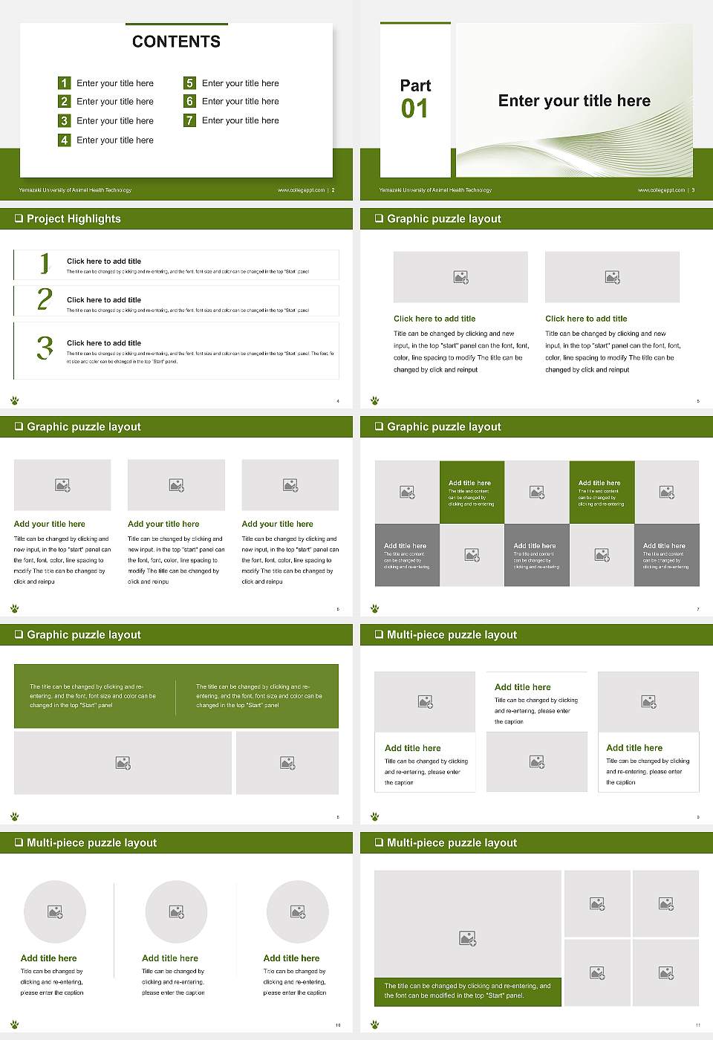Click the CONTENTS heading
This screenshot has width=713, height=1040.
click(176, 42)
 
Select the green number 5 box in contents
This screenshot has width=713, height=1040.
click(189, 83)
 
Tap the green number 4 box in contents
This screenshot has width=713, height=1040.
click(64, 140)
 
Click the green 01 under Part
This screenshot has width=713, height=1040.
click(414, 109)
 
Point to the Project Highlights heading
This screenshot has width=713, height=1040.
click(74, 219)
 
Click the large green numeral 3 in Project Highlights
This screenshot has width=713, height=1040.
click(45, 348)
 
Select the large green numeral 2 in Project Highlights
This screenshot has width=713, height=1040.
click(45, 299)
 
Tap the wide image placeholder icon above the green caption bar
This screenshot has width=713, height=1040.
click(467, 939)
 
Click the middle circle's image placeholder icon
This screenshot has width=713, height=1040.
click(176, 911)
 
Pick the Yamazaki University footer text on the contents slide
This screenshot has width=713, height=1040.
click(75, 190)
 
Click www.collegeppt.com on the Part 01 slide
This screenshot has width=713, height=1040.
click(660, 190)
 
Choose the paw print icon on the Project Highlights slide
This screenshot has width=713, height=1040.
click(15, 400)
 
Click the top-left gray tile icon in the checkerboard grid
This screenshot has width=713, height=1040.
click(407, 492)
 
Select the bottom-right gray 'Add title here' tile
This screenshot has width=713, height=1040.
click(666, 555)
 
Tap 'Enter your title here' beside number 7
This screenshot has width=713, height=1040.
click(240, 120)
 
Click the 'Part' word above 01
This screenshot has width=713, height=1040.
click(415, 85)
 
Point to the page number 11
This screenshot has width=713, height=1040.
click(697, 1025)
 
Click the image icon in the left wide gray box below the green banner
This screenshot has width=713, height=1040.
click(123, 763)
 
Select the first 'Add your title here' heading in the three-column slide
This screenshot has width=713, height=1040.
click(49, 524)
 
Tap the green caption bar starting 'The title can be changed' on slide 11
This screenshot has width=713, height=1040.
click(467, 991)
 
